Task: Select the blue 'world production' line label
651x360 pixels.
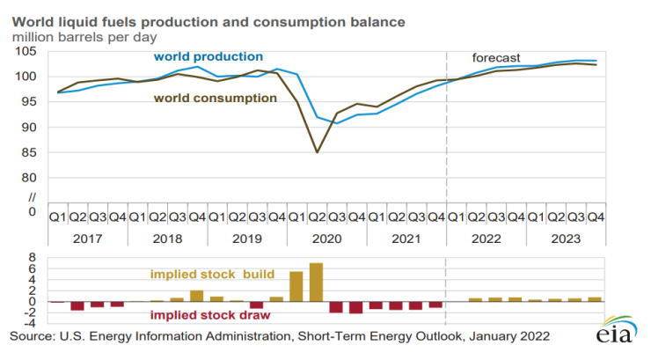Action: tap(208, 56)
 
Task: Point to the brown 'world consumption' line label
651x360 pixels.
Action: tap(216, 98)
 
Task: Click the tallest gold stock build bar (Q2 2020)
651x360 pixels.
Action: tap(316, 283)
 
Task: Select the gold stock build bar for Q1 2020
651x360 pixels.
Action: tap(296, 287)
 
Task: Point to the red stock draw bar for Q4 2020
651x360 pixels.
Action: tap(355, 307)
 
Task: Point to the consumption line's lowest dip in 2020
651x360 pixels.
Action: tap(317, 152)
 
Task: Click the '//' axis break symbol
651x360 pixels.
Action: tap(32, 195)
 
